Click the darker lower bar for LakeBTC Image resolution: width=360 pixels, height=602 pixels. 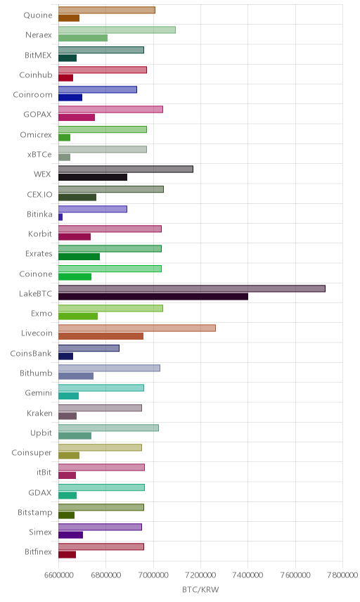[x=153, y=296]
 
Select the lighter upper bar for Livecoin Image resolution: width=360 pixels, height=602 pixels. [x=137, y=328]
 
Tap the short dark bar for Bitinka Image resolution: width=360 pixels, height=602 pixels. [x=60, y=217]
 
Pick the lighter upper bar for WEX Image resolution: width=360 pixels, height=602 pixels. [x=126, y=169]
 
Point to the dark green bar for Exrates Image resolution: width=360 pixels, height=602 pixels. [x=79, y=257]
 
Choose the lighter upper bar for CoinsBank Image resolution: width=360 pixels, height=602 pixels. [x=89, y=348]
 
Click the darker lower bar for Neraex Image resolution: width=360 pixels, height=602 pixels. [x=83, y=38]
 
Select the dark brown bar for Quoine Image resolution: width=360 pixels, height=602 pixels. [x=69, y=18]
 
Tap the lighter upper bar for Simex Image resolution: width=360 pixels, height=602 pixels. [x=100, y=527]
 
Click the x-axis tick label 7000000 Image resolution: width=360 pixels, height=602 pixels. [x=153, y=575]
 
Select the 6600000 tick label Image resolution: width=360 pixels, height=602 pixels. [x=59, y=575]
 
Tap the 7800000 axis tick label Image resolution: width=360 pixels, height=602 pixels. [x=342, y=575]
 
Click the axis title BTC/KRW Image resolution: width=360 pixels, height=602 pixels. [x=200, y=590]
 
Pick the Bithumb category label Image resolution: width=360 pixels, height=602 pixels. [x=36, y=373]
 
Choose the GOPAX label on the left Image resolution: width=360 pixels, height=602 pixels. [x=37, y=114]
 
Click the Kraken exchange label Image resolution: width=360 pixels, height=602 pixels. [x=39, y=413]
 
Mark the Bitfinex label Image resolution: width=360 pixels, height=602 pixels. [x=38, y=551]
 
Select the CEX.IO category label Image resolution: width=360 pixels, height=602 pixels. [x=39, y=194]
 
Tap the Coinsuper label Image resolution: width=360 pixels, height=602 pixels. [x=32, y=452]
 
